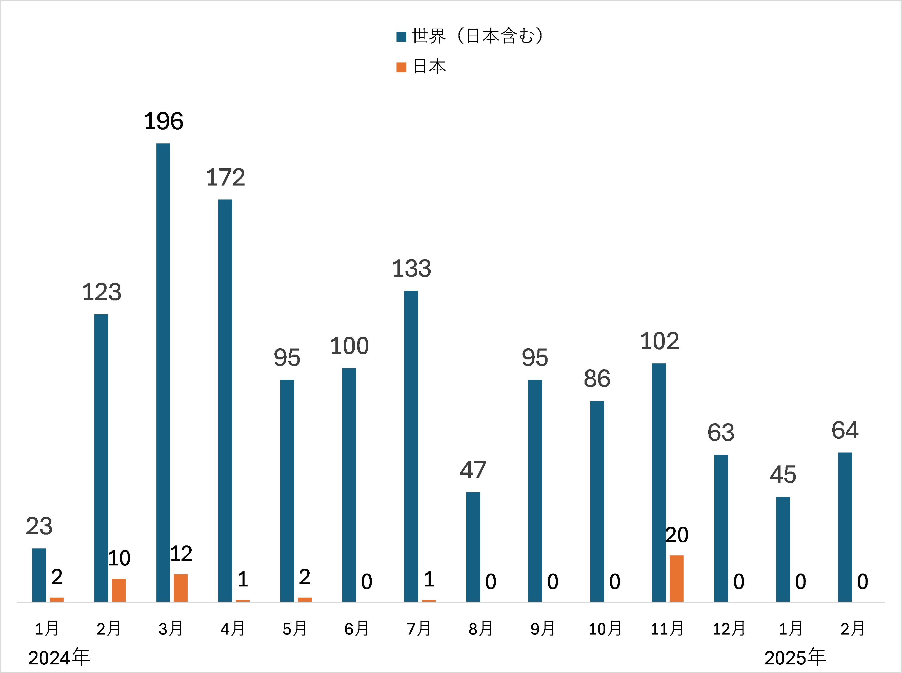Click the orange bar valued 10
[x=118, y=590]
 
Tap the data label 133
[x=411, y=269]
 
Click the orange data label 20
[x=677, y=535]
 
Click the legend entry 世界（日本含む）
[x=477, y=36]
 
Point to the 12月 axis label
[x=729, y=629]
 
